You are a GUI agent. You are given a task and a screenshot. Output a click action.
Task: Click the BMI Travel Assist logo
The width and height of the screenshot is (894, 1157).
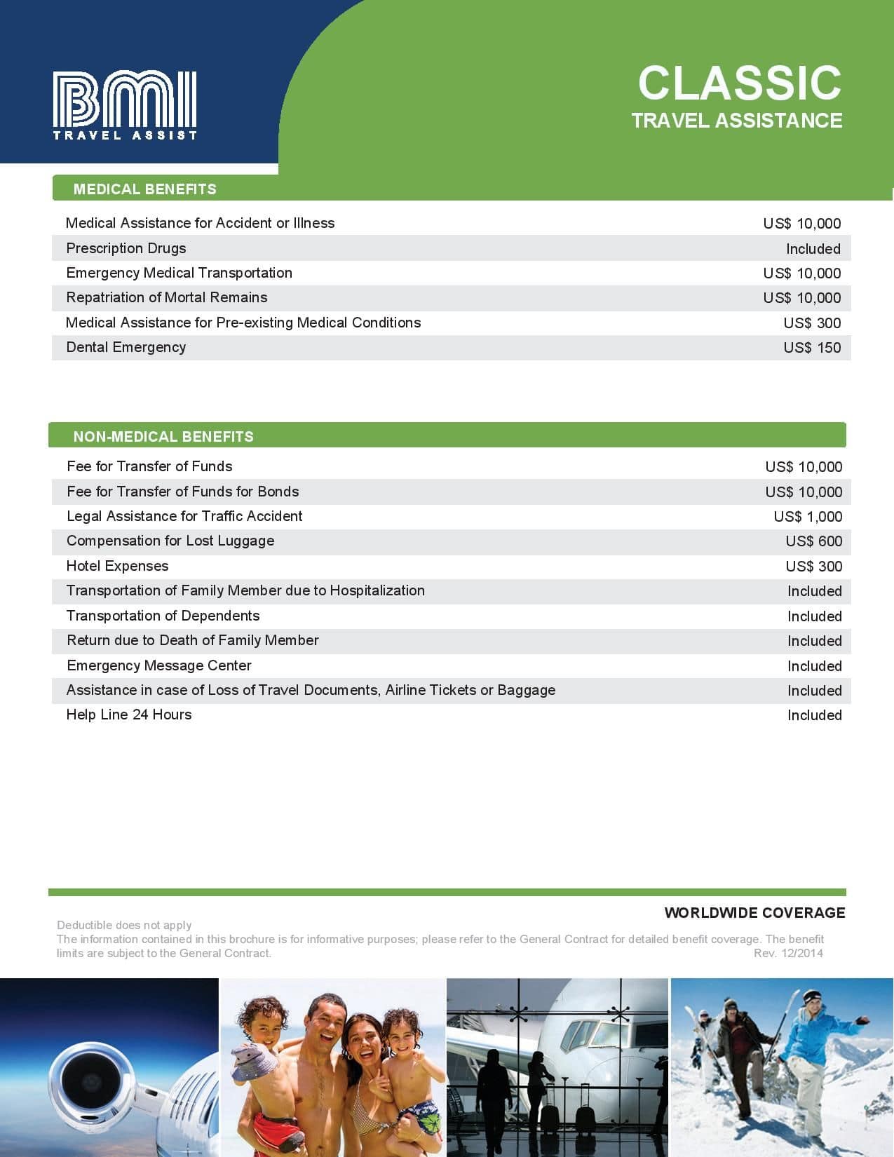(125, 105)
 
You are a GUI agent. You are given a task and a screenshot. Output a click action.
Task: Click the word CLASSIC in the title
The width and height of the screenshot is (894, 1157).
(739, 83)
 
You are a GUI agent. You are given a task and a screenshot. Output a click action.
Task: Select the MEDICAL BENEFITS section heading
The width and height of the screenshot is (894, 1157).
(145, 189)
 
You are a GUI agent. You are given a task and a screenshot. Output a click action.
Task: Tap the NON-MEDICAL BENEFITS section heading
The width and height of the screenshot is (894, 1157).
(163, 436)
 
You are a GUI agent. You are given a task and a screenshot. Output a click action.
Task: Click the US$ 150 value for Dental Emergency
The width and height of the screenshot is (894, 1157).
(812, 348)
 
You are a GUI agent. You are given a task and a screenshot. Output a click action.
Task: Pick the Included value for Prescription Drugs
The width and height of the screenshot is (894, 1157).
(813, 249)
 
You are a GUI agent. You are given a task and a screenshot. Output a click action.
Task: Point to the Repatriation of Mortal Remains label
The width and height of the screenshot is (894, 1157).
(167, 297)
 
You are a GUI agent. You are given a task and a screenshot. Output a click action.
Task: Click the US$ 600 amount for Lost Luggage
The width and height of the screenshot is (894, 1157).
(813, 541)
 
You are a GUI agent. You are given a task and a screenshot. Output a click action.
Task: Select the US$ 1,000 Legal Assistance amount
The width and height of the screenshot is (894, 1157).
(808, 517)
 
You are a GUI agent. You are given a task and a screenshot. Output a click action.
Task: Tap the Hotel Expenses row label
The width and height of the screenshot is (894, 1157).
(117, 566)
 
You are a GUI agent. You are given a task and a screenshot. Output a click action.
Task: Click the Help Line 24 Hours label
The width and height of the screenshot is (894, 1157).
(129, 715)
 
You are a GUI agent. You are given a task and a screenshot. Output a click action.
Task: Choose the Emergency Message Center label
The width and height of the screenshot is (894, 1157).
(158, 665)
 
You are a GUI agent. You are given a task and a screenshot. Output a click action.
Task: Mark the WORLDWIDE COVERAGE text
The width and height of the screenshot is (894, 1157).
(754, 913)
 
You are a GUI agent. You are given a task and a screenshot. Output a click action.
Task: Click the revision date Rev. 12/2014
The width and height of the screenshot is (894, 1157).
(788, 953)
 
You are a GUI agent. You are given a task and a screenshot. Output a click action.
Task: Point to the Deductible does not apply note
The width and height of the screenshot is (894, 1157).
(124, 925)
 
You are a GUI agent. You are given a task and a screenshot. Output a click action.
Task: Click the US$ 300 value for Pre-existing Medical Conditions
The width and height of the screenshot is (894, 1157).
(812, 323)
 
